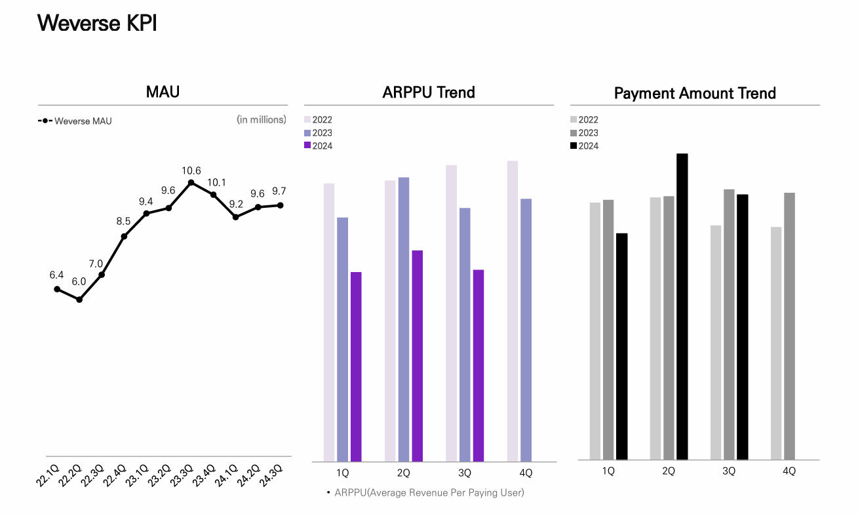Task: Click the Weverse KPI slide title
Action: click(x=97, y=23)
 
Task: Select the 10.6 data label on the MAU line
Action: click(x=191, y=171)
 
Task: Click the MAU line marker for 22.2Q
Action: click(x=79, y=300)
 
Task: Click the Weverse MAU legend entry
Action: click(x=75, y=121)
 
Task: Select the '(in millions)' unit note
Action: click(x=261, y=119)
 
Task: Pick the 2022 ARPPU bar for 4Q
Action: click(x=513, y=311)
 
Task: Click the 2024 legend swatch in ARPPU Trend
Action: click(x=307, y=146)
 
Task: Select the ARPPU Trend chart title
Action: click(x=429, y=92)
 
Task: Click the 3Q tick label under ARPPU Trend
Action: click(x=465, y=473)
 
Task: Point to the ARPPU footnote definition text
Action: click(x=429, y=492)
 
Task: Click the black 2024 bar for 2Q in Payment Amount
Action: click(x=682, y=306)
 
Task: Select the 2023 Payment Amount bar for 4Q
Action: click(x=789, y=326)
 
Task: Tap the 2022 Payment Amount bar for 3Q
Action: click(x=716, y=342)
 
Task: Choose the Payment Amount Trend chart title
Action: click(x=695, y=93)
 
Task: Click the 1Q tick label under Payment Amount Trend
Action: click(x=608, y=471)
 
